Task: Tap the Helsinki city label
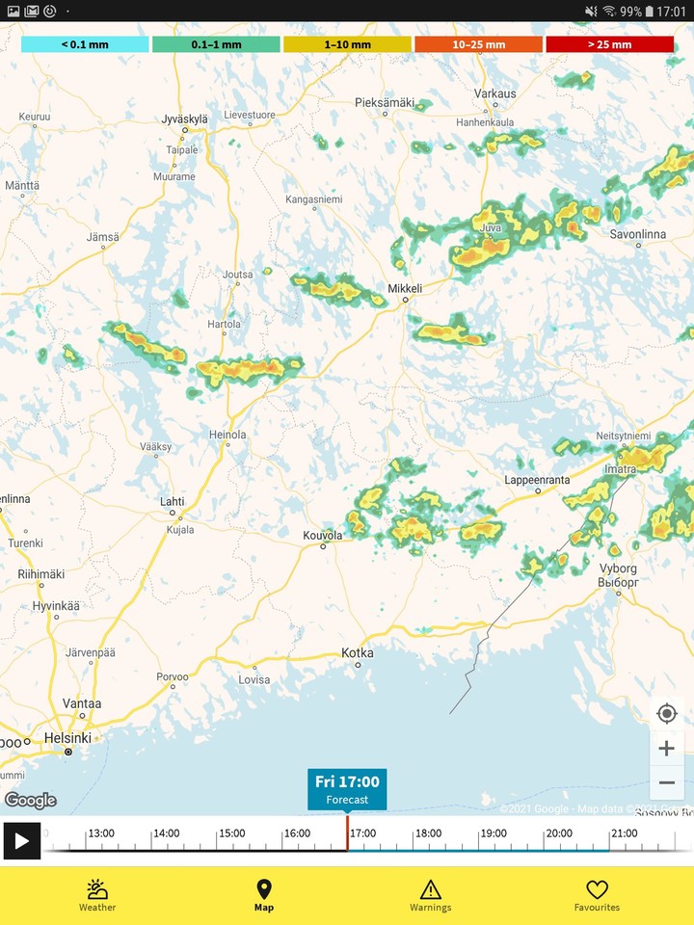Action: pos(67,738)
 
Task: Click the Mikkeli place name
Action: pos(405,288)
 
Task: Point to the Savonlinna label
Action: pos(638,234)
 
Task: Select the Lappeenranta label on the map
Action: pos(537,480)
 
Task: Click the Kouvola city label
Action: pos(323,535)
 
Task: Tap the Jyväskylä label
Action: pos(184,119)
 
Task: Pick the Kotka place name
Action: pos(358,653)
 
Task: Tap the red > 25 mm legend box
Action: pos(609,44)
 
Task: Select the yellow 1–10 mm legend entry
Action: pos(347,44)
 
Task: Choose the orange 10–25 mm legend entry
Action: pos(478,44)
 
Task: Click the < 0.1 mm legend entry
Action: pos(85,44)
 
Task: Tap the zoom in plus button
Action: pos(667,748)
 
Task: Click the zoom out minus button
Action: pos(667,782)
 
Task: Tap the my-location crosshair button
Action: pos(667,713)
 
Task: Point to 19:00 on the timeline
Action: pos(494,833)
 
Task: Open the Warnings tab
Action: pos(430,895)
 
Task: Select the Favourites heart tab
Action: pos(597,895)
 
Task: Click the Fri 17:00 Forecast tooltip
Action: pos(347,789)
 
